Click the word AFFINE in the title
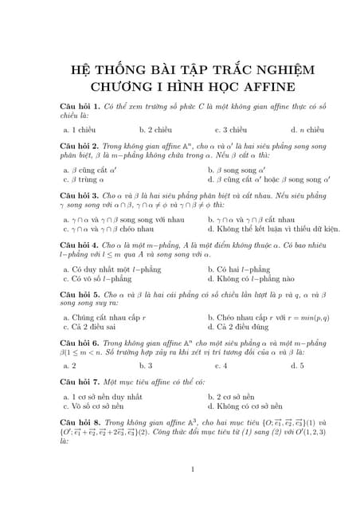(x=264, y=85)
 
